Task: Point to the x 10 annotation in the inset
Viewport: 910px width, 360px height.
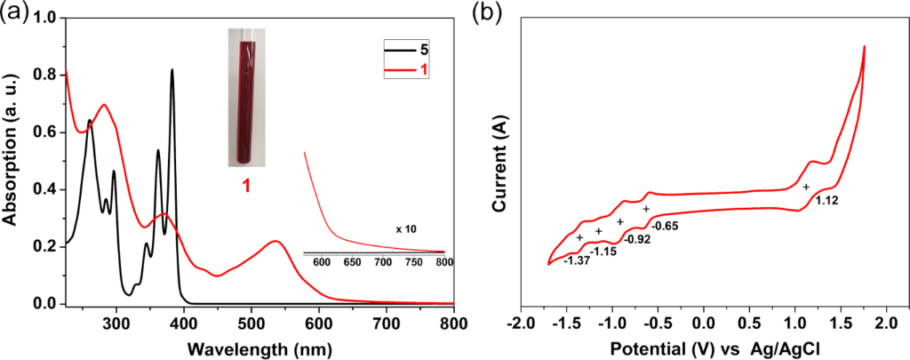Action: click(x=407, y=229)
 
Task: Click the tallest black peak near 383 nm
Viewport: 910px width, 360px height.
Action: click(x=172, y=70)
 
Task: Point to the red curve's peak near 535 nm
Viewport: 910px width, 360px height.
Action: click(x=275, y=241)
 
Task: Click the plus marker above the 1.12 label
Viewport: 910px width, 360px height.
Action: click(x=806, y=188)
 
